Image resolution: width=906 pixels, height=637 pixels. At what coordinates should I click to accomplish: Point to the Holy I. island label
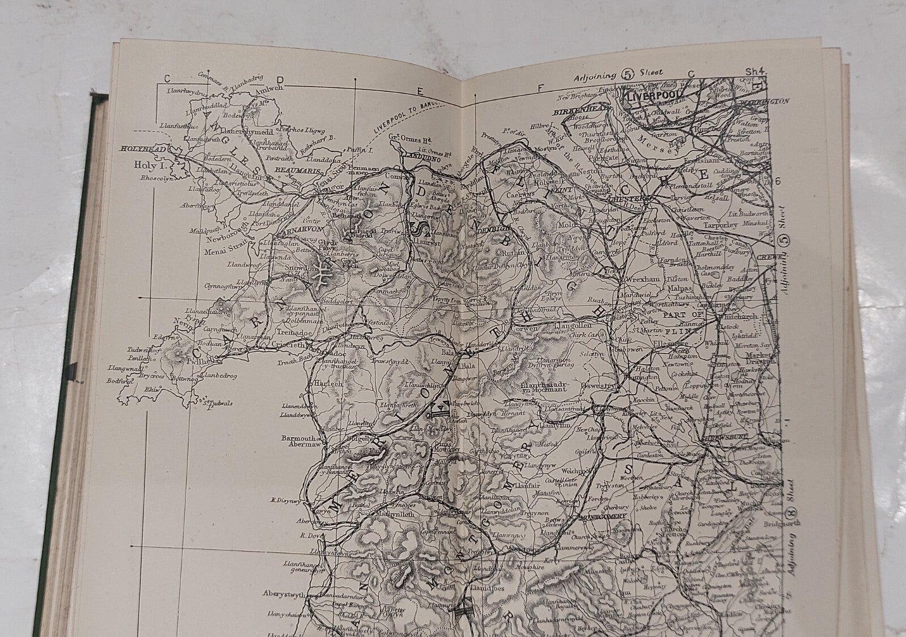pos(146,165)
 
